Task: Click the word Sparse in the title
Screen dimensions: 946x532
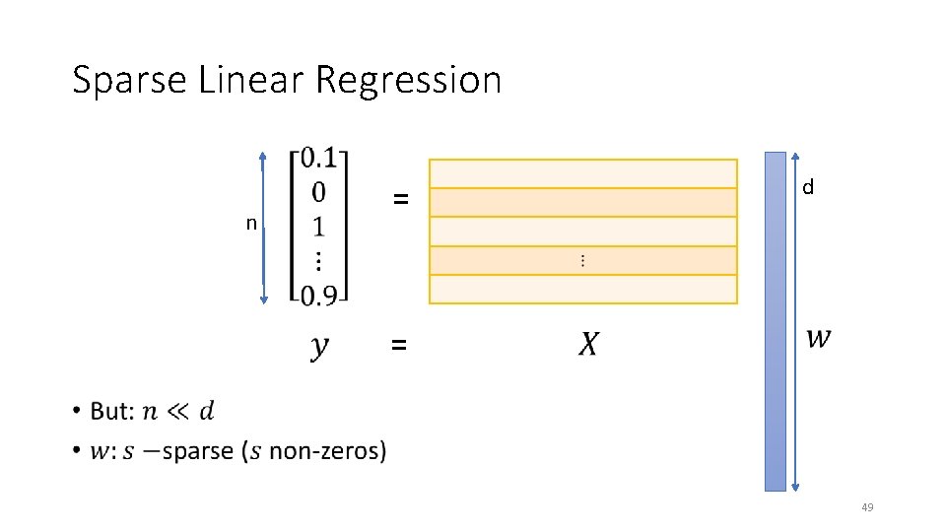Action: coord(130,80)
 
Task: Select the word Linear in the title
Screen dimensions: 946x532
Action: coord(251,79)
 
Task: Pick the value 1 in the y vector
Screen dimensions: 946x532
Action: coord(318,227)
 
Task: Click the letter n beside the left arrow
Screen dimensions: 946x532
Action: coord(251,224)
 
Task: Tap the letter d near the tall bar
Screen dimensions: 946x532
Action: coord(807,187)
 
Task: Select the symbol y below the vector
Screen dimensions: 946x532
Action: coord(319,347)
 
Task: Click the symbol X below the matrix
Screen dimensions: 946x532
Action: coord(587,345)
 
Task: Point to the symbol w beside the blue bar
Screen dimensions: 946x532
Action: coord(818,337)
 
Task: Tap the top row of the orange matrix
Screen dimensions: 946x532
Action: coord(582,173)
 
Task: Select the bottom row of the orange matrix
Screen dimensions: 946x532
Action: coord(582,290)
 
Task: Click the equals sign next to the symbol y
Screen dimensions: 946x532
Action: coord(398,345)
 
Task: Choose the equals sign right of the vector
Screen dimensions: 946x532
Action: coord(400,199)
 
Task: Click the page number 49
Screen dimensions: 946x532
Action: coord(867,507)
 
